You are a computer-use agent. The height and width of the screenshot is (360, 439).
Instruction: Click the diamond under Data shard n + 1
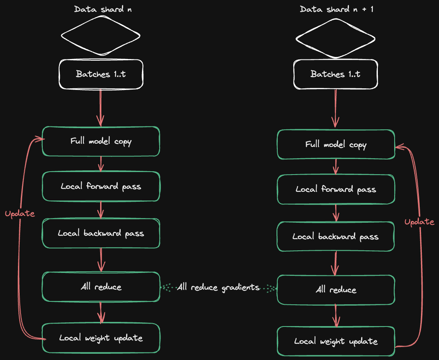pyautogui.click(x=335, y=39)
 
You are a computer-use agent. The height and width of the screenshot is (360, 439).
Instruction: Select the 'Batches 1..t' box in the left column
pyautogui.click(x=101, y=74)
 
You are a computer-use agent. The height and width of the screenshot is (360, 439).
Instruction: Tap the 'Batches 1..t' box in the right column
pyautogui.click(x=335, y=74)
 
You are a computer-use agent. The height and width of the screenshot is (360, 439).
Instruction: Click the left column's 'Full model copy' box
pyautogui.click(x=101, y=141)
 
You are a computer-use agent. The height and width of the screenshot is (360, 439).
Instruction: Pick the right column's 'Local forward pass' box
pyautogui.click(x=336, y=189)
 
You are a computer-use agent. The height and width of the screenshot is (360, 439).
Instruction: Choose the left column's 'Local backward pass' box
pyautogui.click(x=101, y=233)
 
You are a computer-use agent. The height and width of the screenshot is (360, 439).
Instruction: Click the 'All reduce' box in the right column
pyautogui.click(x=336, y=290)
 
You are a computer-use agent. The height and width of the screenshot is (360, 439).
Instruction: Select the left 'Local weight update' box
pyautogui.click(x=101, y=338)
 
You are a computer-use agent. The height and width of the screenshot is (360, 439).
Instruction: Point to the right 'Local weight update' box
pyautogui.click(x=336, y=341)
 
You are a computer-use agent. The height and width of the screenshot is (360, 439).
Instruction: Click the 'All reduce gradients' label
pyautogui.click(x=218, y=288)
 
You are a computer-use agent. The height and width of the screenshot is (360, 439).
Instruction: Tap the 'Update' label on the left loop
pyautogui.click(x=20, y=213)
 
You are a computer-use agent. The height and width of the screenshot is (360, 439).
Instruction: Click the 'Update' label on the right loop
pyautogui.click(x=419, y=222)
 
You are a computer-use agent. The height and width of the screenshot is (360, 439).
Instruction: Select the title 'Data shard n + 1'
pyautogui.click(x=336, y=9)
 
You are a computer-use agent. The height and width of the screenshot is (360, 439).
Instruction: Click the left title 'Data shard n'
pyautogui.click(x=103, y=9)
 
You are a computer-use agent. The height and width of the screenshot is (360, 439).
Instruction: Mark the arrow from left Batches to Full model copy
pyautogui.click(x=101, y=108)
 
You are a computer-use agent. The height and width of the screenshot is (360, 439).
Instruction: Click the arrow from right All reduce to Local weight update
pyautogui.click(x=336, y=315)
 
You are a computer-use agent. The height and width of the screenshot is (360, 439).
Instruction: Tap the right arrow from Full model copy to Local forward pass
pyautogui.click(x=336, y=167)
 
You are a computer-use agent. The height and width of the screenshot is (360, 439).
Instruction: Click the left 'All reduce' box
pyautogui.click(x=101, y=287)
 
